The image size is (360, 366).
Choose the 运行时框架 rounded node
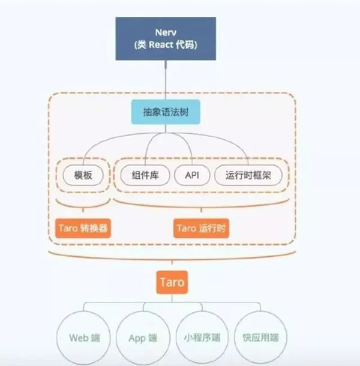pyautogui.click(x=249, y=176)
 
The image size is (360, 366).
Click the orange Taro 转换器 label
pyautogui.click(x=84, y=228)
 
